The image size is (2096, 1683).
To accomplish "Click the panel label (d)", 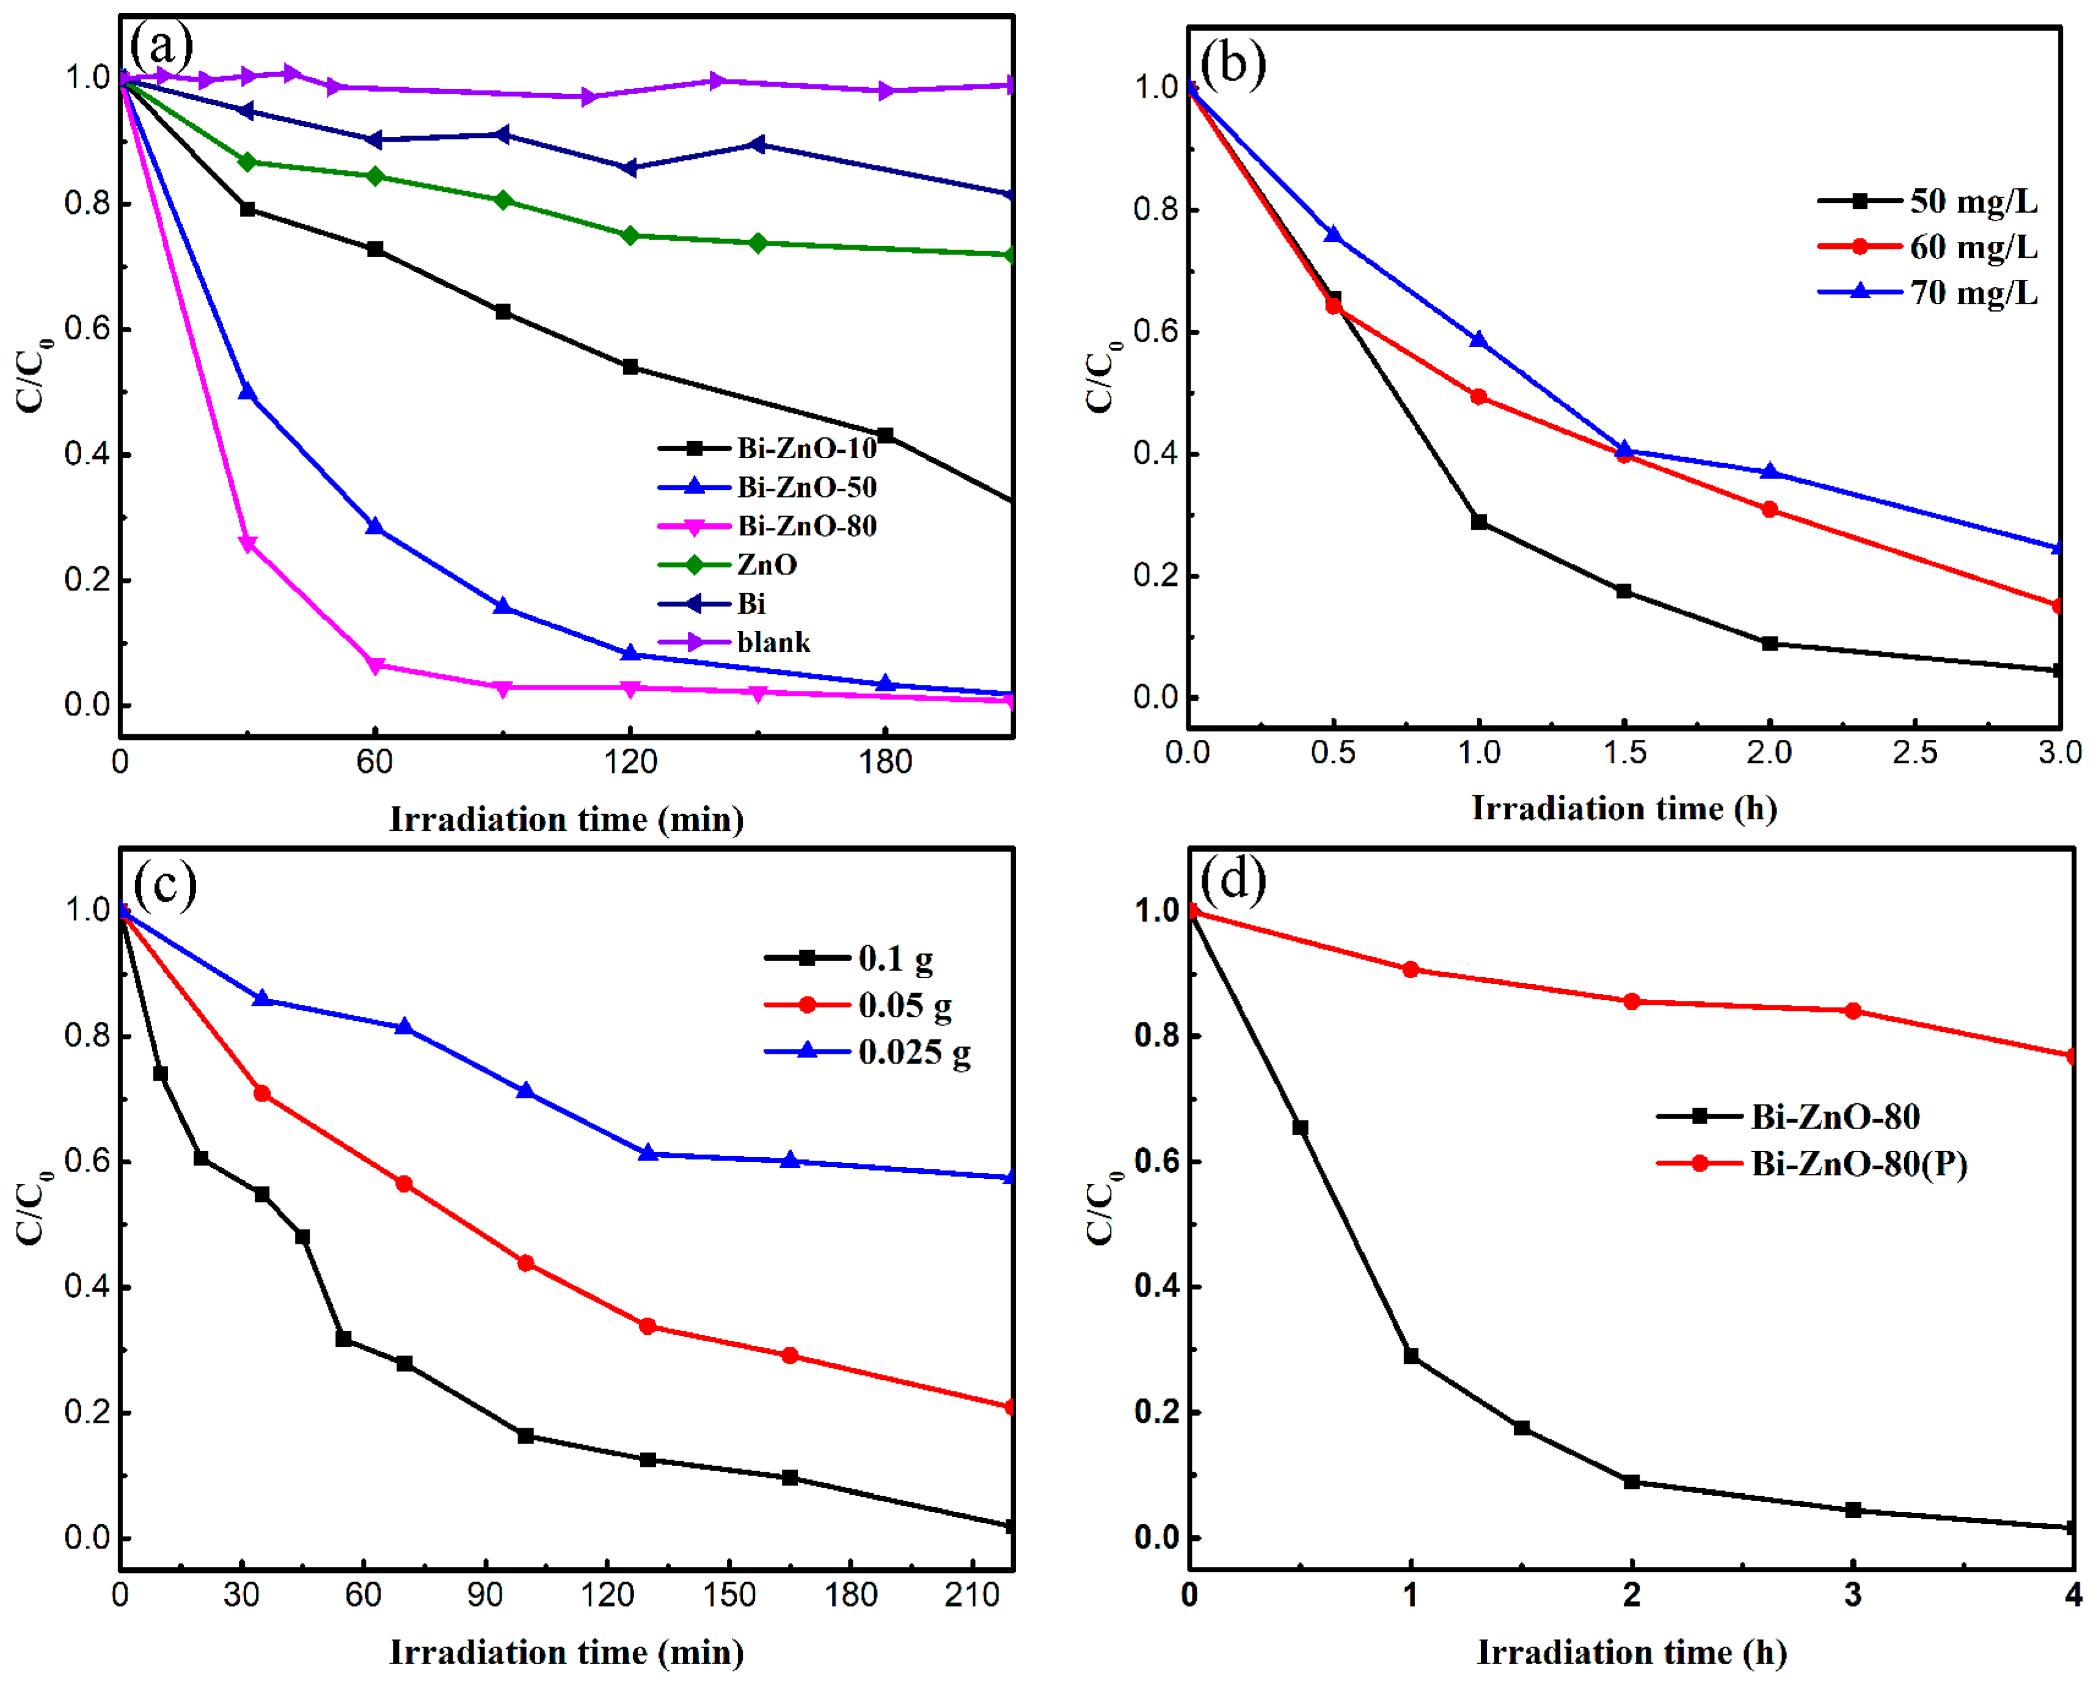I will click(1233, 879).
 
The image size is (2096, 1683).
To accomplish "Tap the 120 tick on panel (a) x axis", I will click(630, 761).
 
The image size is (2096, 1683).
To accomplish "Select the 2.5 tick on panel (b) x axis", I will click(1914, 751).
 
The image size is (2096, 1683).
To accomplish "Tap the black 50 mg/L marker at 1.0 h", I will click(1478, 522).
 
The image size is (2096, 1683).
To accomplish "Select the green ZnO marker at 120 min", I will click(630, 236).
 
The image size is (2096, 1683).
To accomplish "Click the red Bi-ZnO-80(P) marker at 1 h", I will click(1411, 969).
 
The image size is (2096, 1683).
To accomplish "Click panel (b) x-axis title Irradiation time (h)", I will click(1624, 808).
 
